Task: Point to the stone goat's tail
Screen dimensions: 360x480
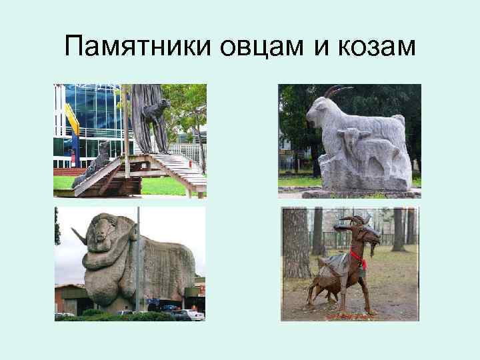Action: tap(399, 121)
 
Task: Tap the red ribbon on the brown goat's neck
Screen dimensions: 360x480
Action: tap(358, 255)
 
